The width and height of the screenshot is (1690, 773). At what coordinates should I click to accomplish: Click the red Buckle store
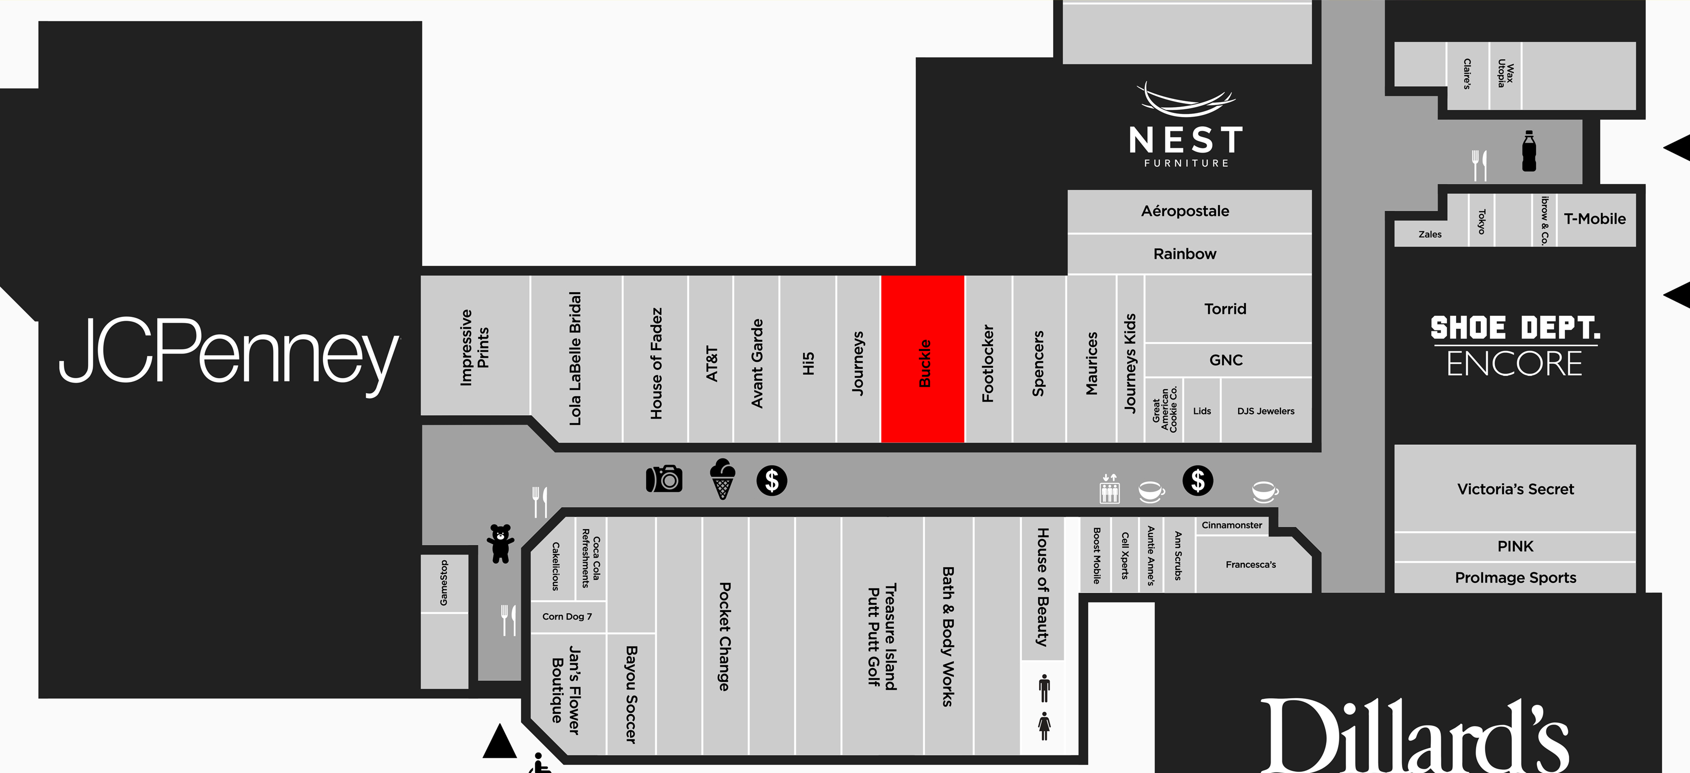click(922, 359)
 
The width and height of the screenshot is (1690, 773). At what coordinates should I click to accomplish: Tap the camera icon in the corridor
click(664, 479)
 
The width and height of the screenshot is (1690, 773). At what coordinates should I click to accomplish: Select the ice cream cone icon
click(722, 479)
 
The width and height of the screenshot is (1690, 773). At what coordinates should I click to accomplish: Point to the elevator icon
click(1109, 489)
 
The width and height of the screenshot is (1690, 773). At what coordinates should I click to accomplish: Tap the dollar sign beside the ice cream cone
click(771, 480)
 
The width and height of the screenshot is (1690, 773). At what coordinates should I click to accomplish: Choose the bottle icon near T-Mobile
click(1529, 151)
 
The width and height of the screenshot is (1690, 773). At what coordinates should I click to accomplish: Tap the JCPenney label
click(229, 355)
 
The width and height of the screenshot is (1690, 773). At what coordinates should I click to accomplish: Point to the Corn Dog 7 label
click(567, 617)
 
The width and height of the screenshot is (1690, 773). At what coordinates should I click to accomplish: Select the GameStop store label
click(444, 583)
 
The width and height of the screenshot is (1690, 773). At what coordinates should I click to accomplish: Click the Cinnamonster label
click(1231, 525)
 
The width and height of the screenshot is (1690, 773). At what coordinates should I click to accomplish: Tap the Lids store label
click(1202, 411)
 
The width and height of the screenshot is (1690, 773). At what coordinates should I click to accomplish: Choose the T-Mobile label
click(1594, 219)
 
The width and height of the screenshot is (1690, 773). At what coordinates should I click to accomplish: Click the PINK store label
click(1515, 546)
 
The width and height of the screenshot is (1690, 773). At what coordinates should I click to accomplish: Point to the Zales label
click(1430, 234)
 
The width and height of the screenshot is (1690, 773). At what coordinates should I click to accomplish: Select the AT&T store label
click(712, 363)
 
